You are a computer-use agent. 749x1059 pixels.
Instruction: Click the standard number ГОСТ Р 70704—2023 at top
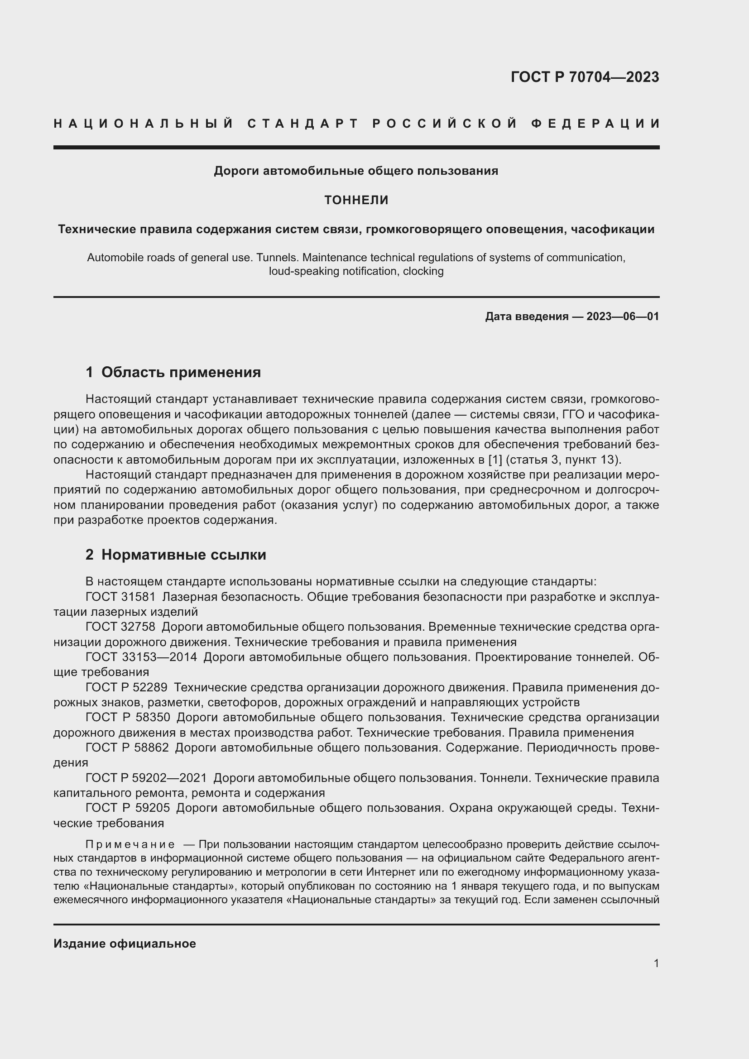click(x=584, y=77)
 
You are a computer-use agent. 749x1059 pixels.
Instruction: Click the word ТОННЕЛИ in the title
click(x=356, y=200)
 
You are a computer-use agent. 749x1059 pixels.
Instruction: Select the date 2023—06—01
click(x=623, y=316)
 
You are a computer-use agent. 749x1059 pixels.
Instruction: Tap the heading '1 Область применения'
click(x=173, y=372)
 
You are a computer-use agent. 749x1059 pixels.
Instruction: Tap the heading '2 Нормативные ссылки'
click(x=176, y=555)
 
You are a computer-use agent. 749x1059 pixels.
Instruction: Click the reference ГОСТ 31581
click(x=120, y=597)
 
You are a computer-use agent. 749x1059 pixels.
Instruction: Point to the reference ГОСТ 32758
click(x=120, y=627)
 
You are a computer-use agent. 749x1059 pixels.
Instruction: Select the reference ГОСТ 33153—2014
click(x=141, y=657)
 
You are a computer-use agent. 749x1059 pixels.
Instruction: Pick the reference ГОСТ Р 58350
click(x=128, y=717)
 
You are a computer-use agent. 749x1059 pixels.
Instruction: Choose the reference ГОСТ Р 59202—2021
click(x=146, y=778)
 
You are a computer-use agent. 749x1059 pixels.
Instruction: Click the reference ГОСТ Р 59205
click(x=128, y=808)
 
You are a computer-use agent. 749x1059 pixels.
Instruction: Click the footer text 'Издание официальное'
click(x=125, y=943)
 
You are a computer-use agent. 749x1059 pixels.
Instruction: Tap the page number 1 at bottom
click(x=656, y=963)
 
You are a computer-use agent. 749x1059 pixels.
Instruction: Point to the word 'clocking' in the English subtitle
click(x=423, y=271)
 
